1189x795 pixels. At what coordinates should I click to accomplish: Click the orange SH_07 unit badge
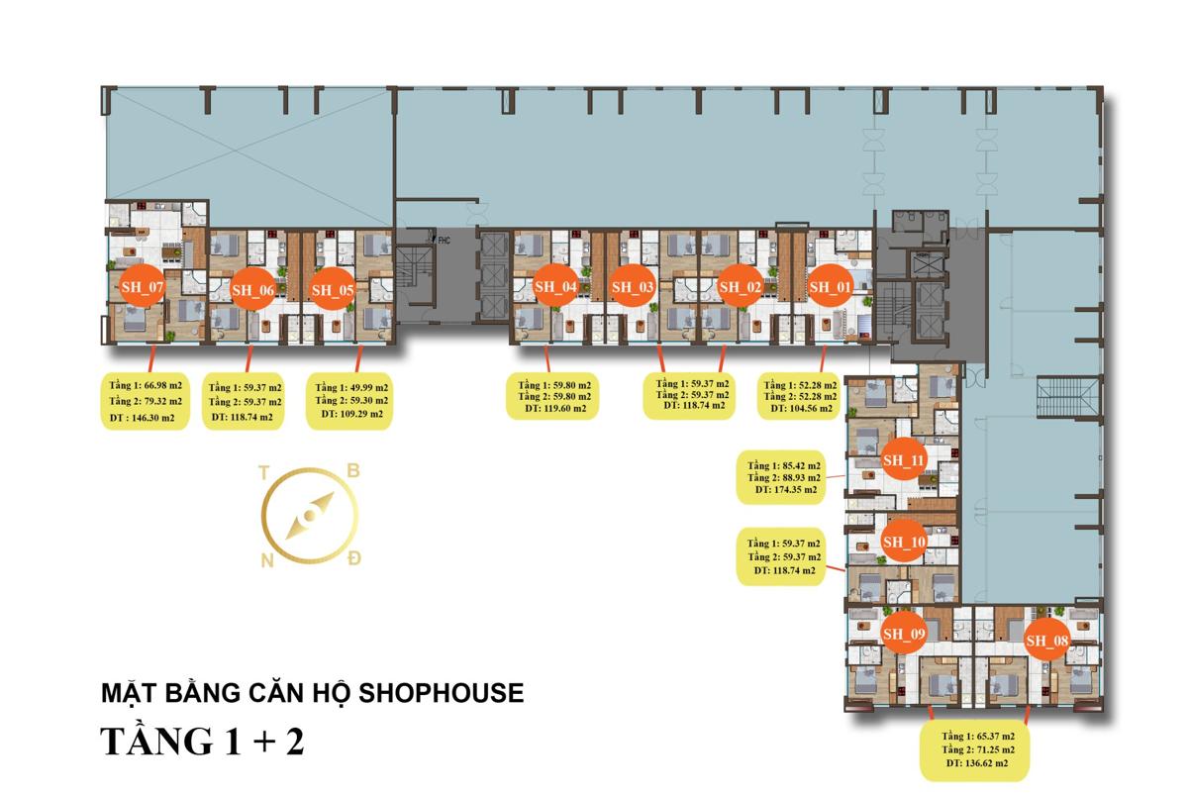click(142, 287)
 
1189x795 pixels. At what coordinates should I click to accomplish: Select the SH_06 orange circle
click(252, 290)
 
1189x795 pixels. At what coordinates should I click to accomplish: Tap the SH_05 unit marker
click(333, 290)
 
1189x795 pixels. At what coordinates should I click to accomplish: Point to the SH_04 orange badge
click(555, 286)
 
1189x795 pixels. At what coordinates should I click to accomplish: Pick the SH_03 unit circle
click(633, 286)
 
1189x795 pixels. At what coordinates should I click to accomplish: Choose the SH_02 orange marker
click(740, 286)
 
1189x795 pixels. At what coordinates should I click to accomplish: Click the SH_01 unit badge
click(831, 286)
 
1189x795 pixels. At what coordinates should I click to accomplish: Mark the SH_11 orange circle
click(904, 459)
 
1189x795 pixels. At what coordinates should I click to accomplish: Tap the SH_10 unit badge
click(904, 542)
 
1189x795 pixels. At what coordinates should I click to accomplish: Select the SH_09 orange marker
click(904, 634)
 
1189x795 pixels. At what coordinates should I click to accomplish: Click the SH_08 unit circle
click(1046, 640)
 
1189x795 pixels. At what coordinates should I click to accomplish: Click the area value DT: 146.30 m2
click(143, 418)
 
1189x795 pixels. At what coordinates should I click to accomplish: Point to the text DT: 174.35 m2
click(786, 489)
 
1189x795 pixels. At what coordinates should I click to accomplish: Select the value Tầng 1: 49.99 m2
click(351, 387)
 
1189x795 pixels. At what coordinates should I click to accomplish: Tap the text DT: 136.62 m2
click(977, 763)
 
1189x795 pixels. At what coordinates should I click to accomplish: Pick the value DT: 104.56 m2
click(802, 408)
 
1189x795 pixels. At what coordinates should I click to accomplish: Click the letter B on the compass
click(353, 470)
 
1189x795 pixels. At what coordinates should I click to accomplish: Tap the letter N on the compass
click(267, 560)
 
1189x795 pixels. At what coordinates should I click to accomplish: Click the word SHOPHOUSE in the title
click(442, 693)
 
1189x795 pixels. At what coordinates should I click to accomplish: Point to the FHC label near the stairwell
click(444, 241)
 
